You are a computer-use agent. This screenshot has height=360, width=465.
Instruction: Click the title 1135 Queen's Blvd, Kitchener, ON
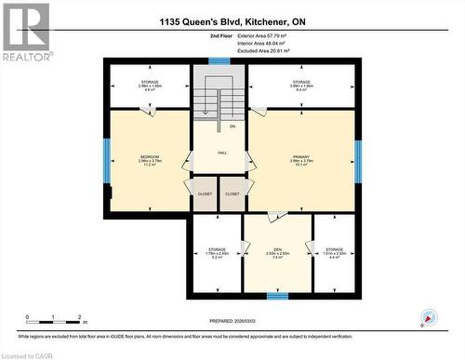pyautogui.click(x=232, y=22)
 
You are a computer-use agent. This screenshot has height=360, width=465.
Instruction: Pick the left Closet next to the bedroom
pyautogui.click(x=205, y=193)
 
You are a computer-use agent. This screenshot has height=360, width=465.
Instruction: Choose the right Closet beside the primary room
pyautogui.click(x=232, y=193)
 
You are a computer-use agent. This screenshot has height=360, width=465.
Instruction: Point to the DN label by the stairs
pyautogui.click(x=232, y=126)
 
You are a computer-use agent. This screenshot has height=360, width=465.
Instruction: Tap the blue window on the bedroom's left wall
pyautogui.click(x=107, y=159)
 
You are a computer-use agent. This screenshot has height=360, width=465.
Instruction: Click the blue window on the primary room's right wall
pyautogui.click(x=358, y=159)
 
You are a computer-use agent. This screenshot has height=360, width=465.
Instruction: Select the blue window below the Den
pyautogui.click(x=277, y=296)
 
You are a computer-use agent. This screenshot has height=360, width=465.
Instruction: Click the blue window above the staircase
pyautogui.click(x=219, y=61)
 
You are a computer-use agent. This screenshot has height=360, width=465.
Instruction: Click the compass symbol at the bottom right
pyautogui.click(x=428, y=318)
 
